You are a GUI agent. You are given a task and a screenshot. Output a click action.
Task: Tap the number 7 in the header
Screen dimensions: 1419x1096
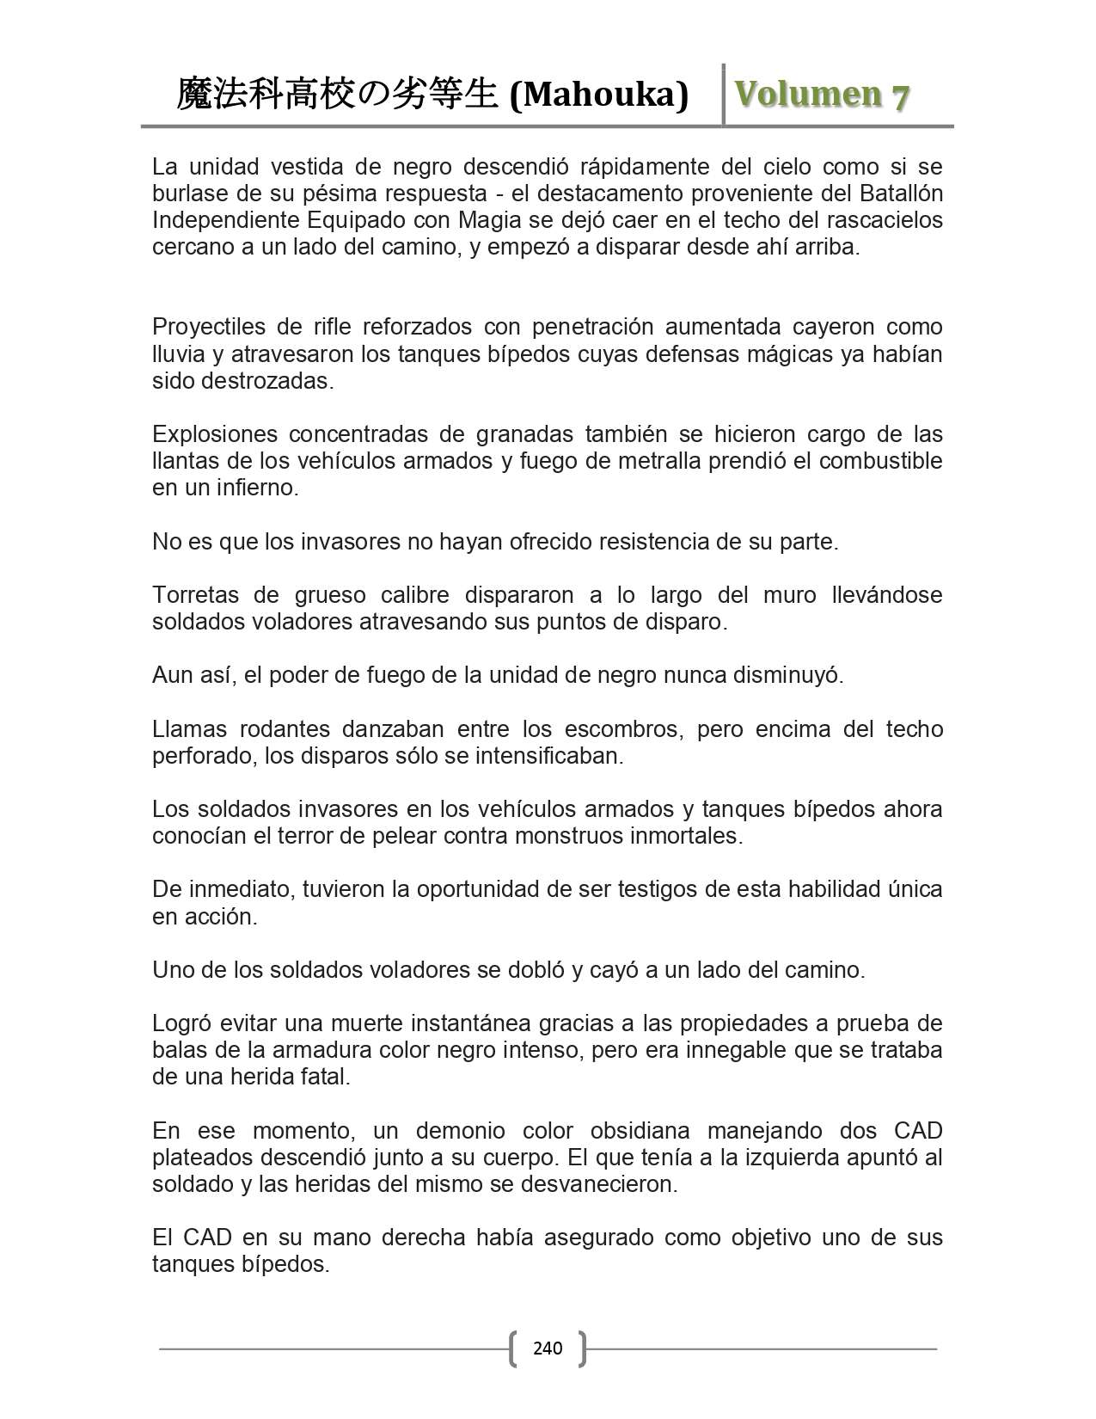click(x=899, y=96)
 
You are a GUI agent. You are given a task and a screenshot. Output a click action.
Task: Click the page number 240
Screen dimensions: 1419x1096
click(x=548, y=1348)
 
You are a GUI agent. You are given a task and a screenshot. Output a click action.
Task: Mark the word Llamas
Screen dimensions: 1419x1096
click(x=188, y=729)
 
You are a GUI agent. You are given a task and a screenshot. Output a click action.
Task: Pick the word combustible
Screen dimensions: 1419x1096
click(x=881, y=461)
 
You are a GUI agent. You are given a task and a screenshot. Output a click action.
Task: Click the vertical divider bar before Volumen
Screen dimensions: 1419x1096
click(x=724, y=95)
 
